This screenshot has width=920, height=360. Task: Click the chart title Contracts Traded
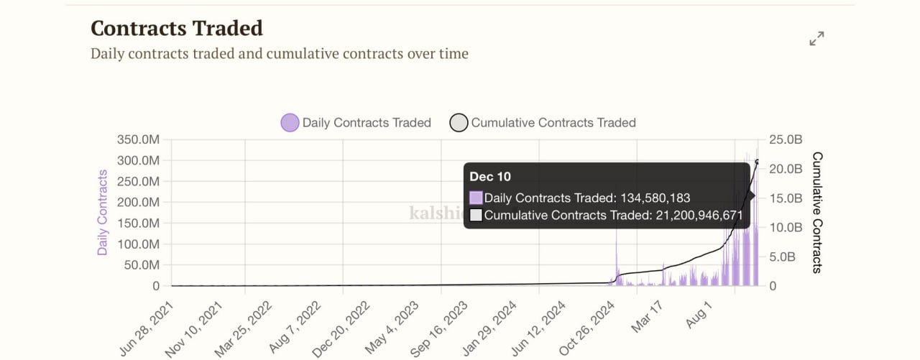pos(177,28)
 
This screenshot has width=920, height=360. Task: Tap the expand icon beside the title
pos(816,39)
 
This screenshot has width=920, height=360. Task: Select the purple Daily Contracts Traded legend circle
pos(290,123)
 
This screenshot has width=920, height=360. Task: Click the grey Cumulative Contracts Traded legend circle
pos(459,123)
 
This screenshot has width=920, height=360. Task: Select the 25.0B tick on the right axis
pos(784,139)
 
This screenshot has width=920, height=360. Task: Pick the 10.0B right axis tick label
pos(784,227)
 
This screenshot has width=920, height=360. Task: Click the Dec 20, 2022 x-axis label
pos(342,328)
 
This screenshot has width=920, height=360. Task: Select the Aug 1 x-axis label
pos(699,316)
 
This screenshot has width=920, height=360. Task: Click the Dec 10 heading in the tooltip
pos(490,177)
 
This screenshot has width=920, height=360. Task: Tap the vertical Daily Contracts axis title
pos(103,213)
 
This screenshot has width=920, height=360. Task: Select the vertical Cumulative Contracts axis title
pos(817,213)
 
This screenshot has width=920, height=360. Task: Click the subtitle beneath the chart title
pos(280,54)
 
